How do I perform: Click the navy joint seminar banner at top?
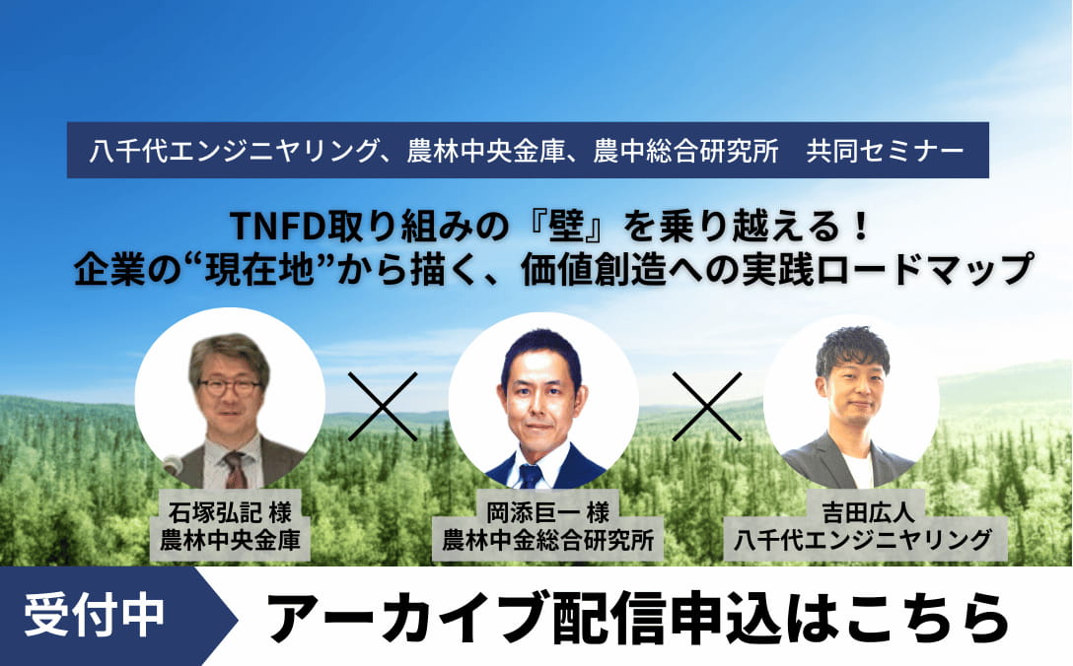click(528, 151)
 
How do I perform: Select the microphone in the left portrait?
click(173, 464)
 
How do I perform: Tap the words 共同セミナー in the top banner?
click(884, 151)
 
